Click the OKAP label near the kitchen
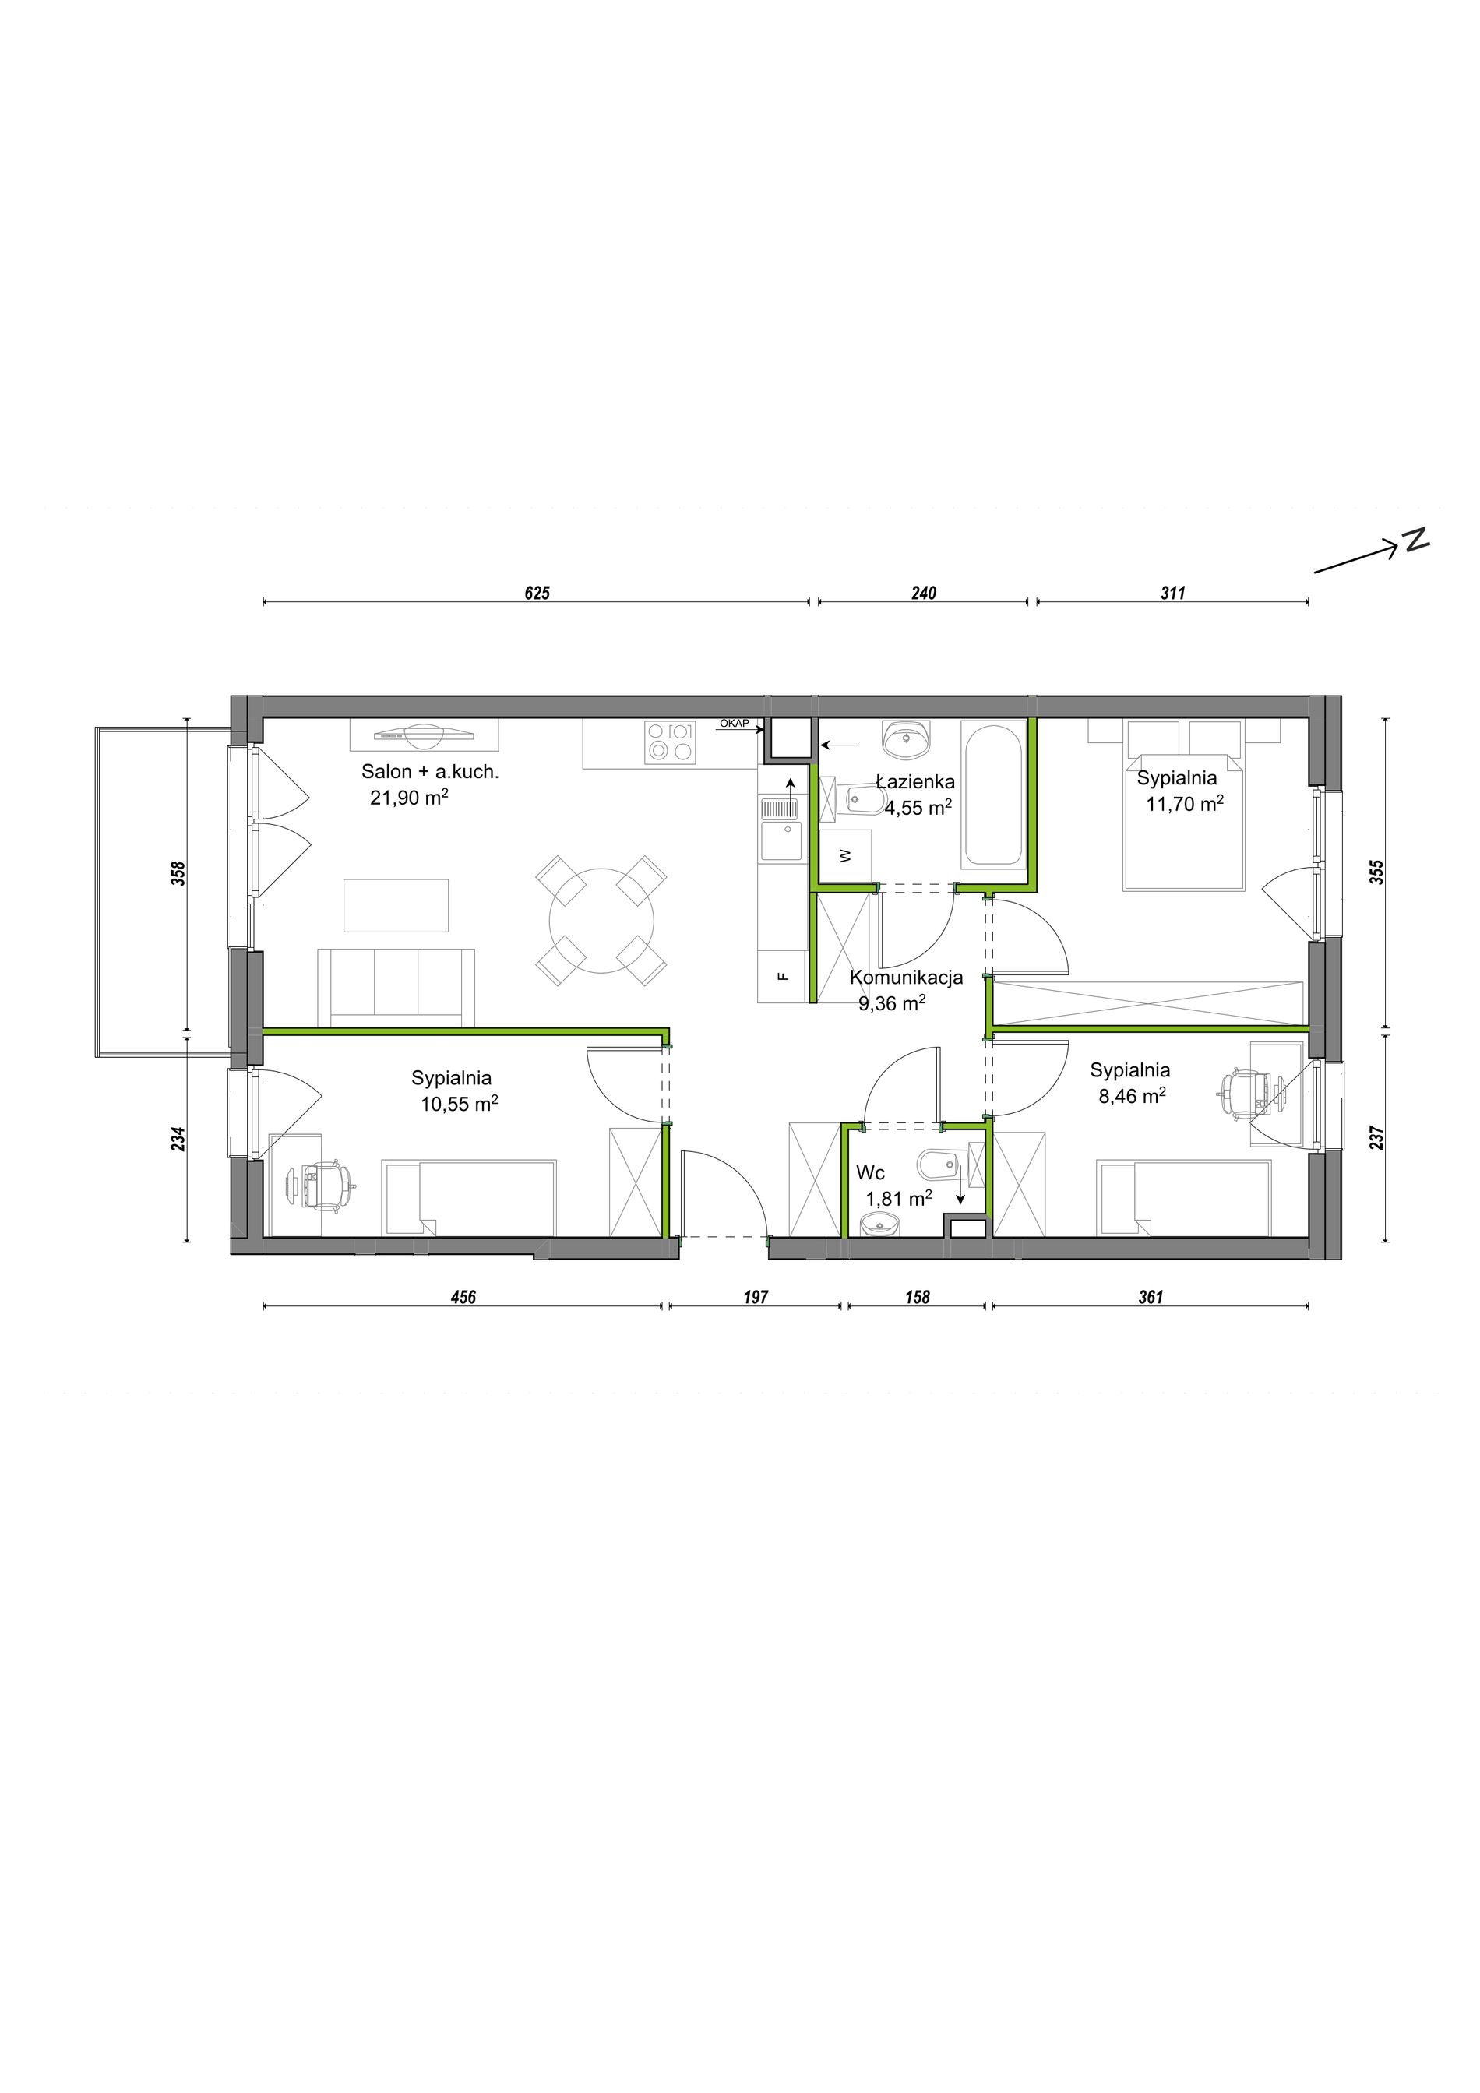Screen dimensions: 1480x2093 734,723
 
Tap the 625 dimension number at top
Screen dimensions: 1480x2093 537,594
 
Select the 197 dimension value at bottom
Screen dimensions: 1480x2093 756,1296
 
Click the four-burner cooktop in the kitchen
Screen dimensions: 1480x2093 669,742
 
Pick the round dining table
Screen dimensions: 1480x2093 602,921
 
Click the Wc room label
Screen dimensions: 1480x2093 870,1173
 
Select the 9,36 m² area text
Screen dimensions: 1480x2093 892,1002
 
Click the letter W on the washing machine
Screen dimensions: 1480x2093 845,855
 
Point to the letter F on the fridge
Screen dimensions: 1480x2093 781,975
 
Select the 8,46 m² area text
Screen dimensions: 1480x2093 1132,1096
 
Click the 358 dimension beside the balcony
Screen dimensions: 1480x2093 178,873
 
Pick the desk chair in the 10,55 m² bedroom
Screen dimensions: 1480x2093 321,1184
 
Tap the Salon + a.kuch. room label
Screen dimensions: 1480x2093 430,771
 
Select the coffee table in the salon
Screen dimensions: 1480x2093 396,905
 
